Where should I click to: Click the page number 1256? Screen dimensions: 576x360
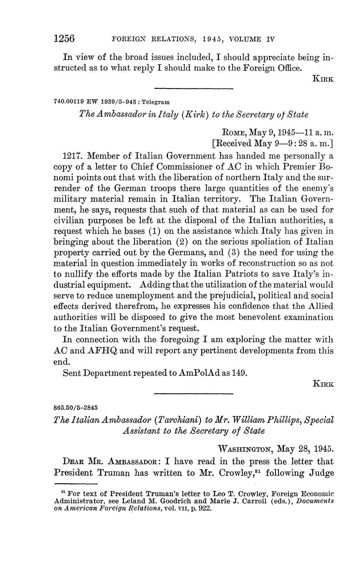point(64,39)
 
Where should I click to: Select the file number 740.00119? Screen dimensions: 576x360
point(68,101)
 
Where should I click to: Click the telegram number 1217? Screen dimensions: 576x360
point(74,156)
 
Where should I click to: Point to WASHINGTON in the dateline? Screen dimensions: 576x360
point(245,449)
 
